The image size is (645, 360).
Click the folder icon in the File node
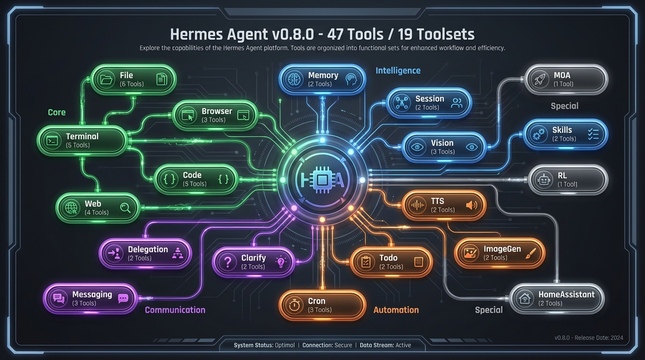click(106, 79)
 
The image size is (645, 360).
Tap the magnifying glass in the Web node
click(126, 208)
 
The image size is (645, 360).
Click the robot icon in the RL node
click(544, 180)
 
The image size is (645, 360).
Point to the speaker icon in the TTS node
click(472, 205)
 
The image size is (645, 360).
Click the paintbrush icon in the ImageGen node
click(531, 253)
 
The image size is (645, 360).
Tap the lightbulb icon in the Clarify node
click(281, 262)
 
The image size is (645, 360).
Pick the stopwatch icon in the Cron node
click(294, 305)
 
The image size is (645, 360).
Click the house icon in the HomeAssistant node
click(525, 299)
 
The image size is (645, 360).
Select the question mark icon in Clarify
click(228, 262)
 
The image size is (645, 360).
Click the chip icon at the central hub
click(322, 180)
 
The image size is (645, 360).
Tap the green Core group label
click(57, 112)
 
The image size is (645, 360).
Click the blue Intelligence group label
click(398, 71)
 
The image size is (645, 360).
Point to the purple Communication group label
click(175, 310)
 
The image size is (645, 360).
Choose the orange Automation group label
click(396, 310)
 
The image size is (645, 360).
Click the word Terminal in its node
click(82, 136)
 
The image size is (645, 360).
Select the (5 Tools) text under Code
click(195, 184)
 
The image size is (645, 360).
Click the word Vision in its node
click(442, 143)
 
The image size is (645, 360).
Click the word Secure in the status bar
click(343, 345)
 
